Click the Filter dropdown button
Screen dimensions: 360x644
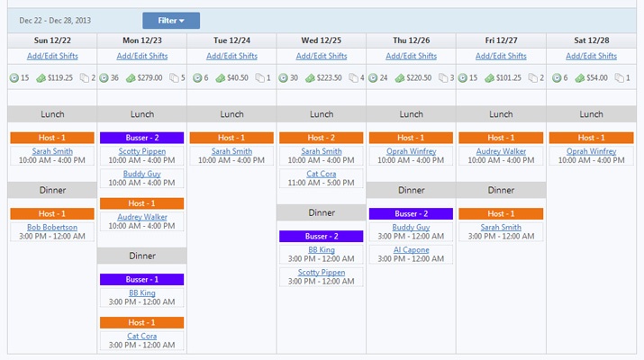(171, 21)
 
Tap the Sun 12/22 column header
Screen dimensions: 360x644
(51, 40)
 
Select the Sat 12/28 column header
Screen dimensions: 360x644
(591, 40)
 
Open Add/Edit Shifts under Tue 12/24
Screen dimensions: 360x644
(231, 56)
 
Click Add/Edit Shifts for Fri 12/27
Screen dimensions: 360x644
(501, 56)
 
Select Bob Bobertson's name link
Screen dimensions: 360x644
(52, 228)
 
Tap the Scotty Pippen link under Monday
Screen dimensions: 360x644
(142, 151)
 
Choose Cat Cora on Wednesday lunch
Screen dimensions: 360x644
(322, 174)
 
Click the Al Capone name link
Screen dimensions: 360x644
(412, 250)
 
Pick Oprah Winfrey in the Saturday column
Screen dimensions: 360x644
(591, 151)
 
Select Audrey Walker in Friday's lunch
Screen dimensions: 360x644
(501, 151)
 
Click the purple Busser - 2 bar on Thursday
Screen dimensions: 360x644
(412, 214)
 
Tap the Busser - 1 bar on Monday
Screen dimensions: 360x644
(142, 280)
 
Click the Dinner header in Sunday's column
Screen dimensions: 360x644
(52, 190)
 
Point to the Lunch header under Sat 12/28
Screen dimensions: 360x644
(591, 114)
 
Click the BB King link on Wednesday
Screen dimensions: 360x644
(322, 250)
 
